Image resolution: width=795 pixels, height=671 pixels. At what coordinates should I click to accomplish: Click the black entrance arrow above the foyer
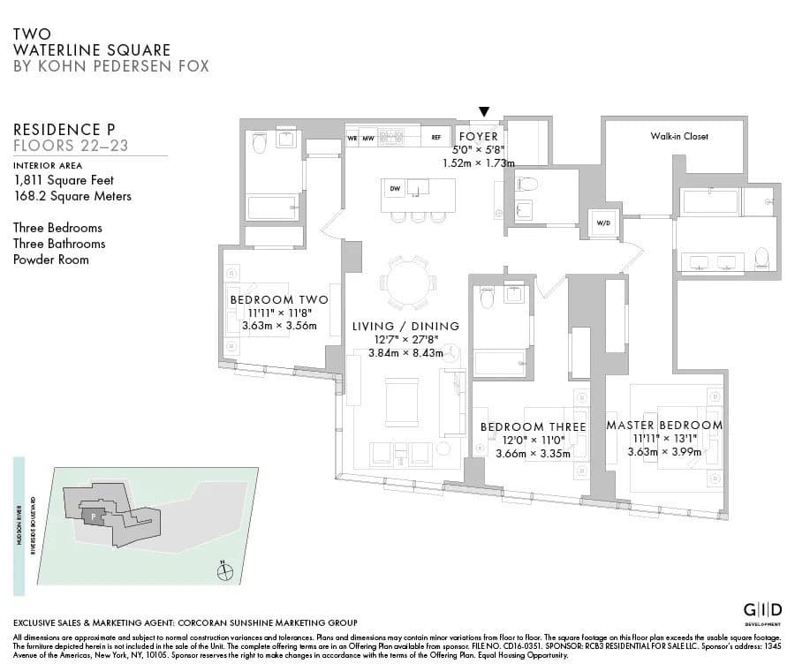pos(483,111)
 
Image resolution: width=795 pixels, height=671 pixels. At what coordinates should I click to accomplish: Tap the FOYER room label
pos(478,137)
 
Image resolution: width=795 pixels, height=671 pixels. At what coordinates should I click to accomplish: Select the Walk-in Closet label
pos(679,136)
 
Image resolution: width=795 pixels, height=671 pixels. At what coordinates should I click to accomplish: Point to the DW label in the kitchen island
pos(395,188)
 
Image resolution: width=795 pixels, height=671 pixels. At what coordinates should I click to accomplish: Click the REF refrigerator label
pos(435,137)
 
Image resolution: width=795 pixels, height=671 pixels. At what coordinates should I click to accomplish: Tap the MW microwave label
pos(367,138)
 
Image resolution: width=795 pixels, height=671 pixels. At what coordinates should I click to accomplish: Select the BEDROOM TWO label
pos(278,300)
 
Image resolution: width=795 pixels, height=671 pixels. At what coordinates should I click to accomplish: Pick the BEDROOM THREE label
pos(533,427)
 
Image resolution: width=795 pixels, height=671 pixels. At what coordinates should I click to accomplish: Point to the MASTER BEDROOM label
pos(663,426)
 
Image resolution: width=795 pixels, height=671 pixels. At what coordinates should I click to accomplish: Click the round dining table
pos(407,283)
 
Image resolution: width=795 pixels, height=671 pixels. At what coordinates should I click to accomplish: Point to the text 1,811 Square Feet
pos(64,180)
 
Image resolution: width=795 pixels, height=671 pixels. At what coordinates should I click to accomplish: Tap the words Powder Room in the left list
pos(51,260)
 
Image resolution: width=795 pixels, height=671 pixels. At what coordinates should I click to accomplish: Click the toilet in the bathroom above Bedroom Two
pos(259,143)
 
